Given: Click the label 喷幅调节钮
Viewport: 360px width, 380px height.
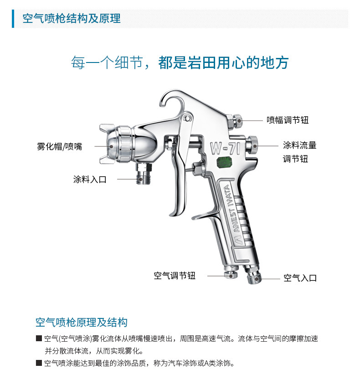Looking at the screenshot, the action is (288, 120).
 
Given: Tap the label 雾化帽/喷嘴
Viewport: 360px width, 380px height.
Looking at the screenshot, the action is (60, 146).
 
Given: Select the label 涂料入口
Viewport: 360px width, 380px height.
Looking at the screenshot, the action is (90, 179).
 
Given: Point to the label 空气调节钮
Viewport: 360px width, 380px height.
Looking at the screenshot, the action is (175, 276).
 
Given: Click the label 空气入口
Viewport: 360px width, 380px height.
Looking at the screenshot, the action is (300, 278).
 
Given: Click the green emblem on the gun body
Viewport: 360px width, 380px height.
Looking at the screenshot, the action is (224, 162).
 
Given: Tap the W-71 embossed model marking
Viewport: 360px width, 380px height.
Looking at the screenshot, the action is (226, 148).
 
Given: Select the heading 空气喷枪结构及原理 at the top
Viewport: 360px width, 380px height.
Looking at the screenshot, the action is (72, 18).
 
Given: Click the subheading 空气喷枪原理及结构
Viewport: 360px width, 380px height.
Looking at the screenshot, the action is (82, 323).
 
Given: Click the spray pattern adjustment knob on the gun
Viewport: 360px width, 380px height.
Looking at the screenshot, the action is (235, 120).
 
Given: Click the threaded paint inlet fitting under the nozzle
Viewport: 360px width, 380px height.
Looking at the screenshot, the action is (144, 173).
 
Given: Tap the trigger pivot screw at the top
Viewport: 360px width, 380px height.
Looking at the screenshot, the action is (187, 118).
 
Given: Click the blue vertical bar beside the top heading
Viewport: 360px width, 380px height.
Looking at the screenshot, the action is (13, 19).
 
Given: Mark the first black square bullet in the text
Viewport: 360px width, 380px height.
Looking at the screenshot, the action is (39, 338).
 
